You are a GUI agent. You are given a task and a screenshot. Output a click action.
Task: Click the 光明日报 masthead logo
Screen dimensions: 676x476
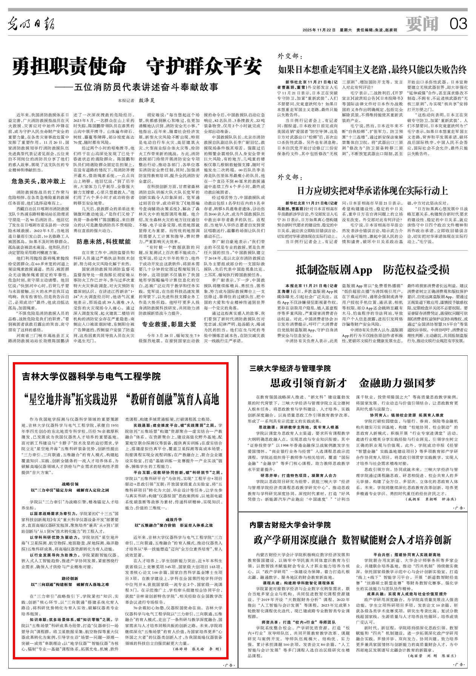pos(32,25)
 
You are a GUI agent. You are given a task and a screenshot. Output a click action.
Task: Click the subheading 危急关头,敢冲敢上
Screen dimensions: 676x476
pos(38,181)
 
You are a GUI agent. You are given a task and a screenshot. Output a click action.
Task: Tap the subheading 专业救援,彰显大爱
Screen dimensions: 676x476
pos(169,324)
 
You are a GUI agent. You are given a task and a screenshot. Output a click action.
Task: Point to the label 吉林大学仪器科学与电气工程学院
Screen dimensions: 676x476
pos(91,376)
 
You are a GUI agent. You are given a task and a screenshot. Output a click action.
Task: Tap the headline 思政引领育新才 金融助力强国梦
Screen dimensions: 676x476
pos(353,383)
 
